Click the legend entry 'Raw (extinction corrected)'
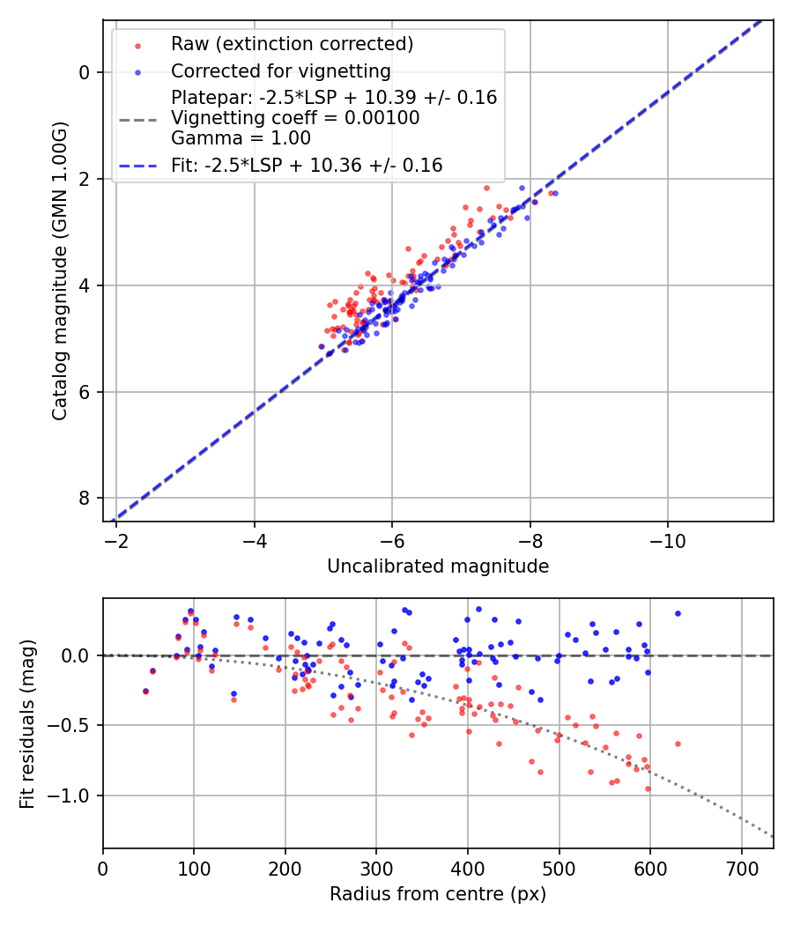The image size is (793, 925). (x=292, y=44)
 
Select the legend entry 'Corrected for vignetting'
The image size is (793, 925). (x=280, y=70)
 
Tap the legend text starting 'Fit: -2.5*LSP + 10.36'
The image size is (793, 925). (x=307, y=165)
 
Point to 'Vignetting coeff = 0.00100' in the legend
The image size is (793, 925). (x=295, y=118)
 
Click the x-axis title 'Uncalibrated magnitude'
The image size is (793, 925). (x=438, y=566)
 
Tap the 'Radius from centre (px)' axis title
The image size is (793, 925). (x=438, y=894)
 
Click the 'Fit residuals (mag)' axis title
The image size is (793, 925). (x=27, y=723)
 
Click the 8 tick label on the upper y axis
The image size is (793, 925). (x=85, y=499)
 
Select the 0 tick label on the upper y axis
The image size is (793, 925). (x=85, y=72)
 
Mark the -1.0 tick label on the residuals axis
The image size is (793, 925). (x=73, y=795)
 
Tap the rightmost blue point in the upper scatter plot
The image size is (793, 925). (x=555, y=193)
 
